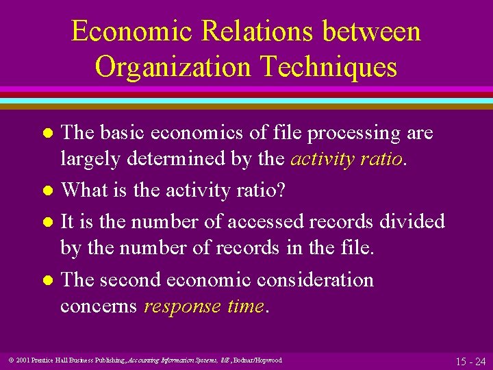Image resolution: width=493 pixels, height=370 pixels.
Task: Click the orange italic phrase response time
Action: coord(204,306)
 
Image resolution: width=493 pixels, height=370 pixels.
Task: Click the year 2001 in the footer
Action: coord(20,360)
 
